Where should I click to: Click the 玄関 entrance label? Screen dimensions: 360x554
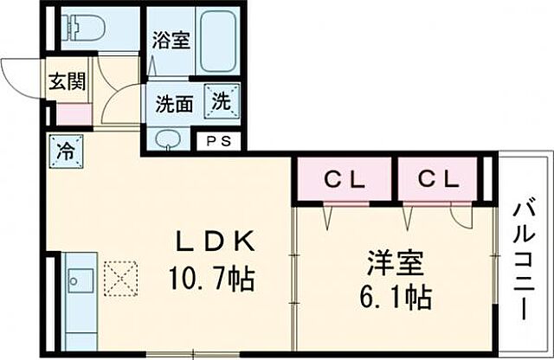67,82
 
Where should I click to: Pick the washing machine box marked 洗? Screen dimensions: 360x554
222,100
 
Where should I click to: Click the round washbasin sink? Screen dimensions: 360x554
166,139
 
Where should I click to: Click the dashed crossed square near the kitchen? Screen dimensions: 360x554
118,278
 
